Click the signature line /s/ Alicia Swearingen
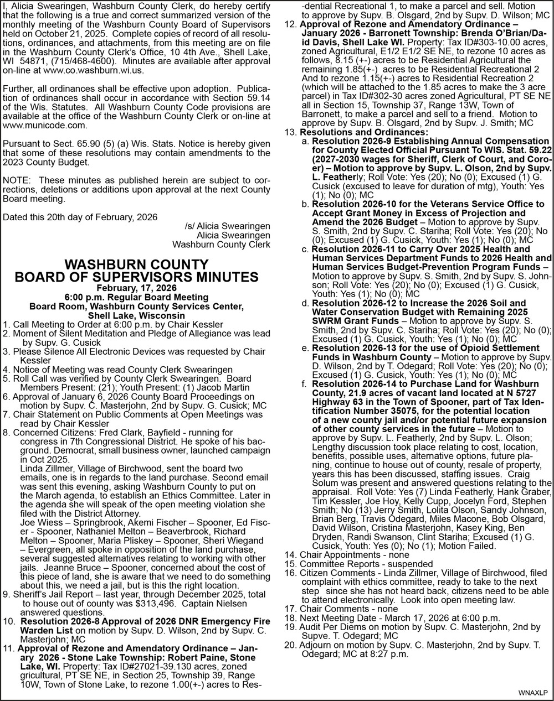point(228,226)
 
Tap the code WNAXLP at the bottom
point(533,692)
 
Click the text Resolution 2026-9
point(348,142)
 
